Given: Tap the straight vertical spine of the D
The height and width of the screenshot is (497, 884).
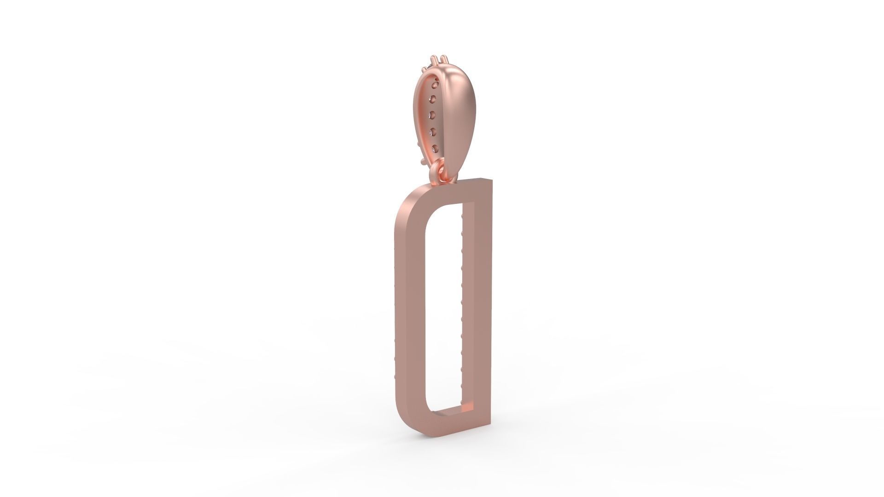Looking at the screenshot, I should (x=479, y=299).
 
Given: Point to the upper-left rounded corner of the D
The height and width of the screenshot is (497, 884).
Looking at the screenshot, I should (x=407, y=202).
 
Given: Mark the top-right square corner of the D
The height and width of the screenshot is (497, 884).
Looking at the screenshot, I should (x=491, y=180).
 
